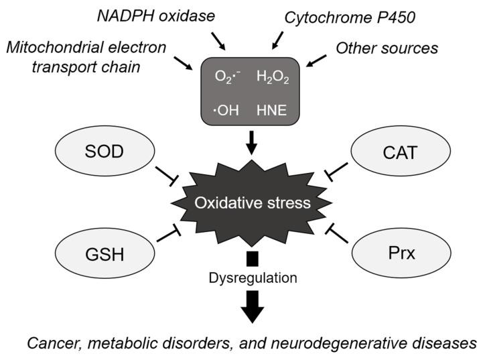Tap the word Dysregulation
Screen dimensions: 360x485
252,277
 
